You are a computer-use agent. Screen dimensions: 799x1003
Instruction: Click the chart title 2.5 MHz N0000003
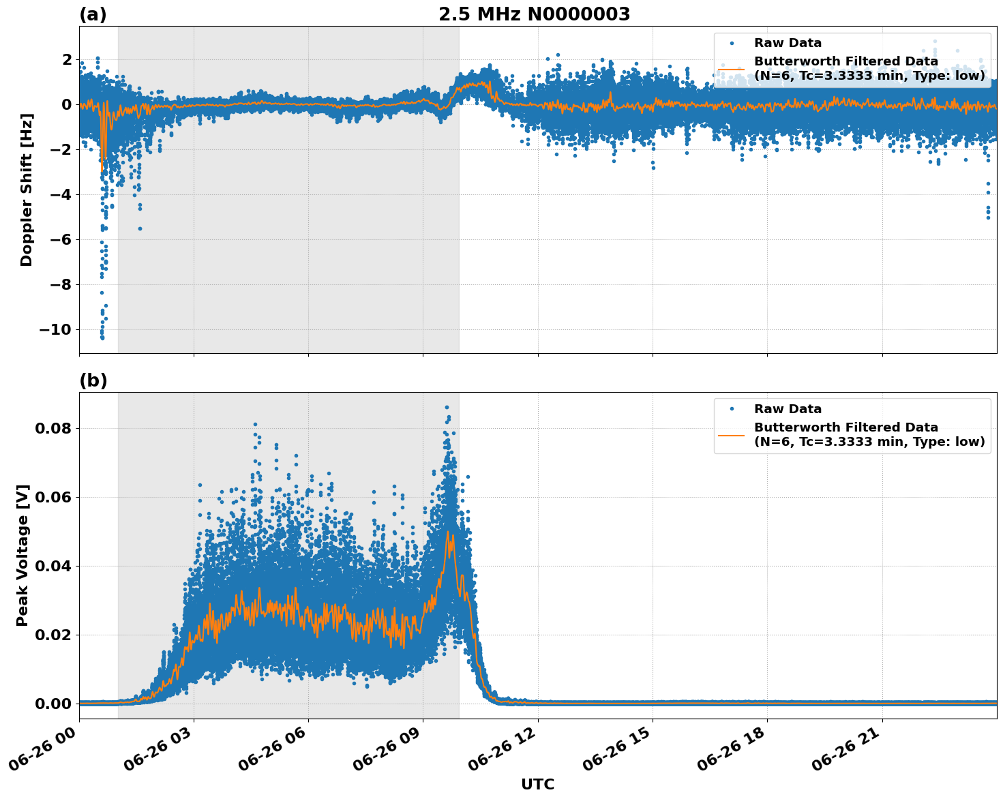(x=534, y=14)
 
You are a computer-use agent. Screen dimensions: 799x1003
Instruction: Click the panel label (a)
(x=93, y=14)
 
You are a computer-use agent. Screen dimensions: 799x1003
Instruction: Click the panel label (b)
(x=93, y=380)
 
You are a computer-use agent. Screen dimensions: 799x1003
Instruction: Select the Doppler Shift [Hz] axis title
(x=27, y=190)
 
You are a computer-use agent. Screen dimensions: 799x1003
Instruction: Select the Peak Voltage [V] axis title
(x=23, y=556)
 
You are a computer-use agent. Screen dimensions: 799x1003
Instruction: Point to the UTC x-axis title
(x=537, y=784)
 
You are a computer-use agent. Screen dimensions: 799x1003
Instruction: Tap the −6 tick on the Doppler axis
(x=61, y=239)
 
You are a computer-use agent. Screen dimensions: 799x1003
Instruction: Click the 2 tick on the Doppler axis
(x=67, y=60)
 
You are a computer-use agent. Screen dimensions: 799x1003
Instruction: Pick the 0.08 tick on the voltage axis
(x=57, y=429)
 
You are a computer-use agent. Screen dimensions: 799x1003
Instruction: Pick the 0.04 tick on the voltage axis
(x=57, y=567)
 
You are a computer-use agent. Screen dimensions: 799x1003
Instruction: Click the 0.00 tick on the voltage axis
(x=57, y=704)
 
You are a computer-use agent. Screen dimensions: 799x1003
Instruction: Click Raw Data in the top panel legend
(x=788, y=43)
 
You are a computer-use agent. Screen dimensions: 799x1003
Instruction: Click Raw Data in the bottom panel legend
(x=788, y=409)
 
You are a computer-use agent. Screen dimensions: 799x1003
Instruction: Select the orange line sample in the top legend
(x=732, y=69)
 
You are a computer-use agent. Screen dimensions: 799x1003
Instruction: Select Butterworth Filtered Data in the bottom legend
(x=845, y=427)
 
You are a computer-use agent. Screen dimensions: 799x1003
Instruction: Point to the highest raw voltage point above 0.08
(x=447, y=407)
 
